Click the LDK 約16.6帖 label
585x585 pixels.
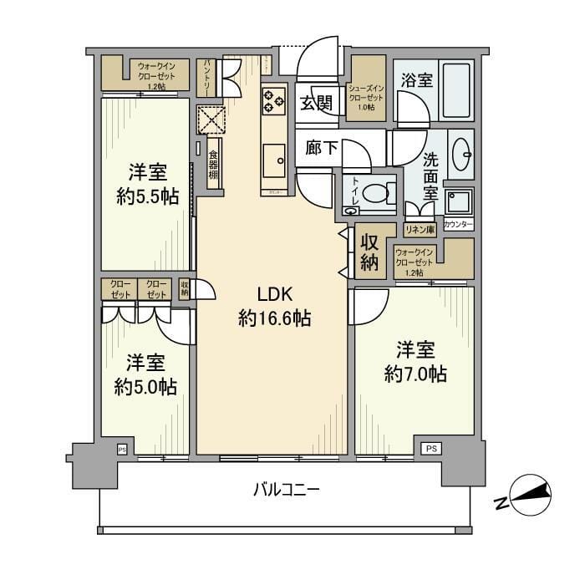point(273,307)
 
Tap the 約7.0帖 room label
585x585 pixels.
point(415,362)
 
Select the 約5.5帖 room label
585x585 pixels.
point(147,186)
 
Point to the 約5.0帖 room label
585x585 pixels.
point(145,375)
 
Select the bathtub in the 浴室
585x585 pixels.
point(456,90)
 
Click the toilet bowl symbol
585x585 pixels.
point(375,192)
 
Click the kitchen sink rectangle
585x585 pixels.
point(273,160)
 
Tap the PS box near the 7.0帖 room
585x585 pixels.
point(430,448)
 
